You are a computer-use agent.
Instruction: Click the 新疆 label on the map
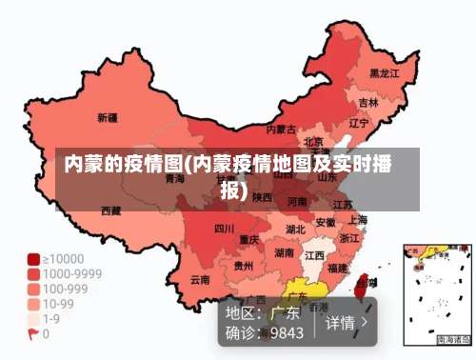tap(107, 118)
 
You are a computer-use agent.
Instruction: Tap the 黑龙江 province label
tap(384, 72)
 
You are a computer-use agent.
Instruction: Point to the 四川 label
tap(224, 229)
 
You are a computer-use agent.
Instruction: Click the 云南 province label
tap(200, 279)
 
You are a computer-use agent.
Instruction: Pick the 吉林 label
tap(368, 102)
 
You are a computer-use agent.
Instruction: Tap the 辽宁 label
tap(359, 123)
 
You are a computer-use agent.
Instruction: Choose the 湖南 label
tap(284, 252)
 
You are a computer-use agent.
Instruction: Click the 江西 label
tap(313, 256)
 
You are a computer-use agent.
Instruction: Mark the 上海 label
tap(358, 220)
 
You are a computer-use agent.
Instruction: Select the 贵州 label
tap(244, 266)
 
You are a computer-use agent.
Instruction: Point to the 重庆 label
tap(249, 239)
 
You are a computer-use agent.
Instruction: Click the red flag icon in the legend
tap(32, 334)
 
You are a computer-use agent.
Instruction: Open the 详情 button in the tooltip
tap(347, 322)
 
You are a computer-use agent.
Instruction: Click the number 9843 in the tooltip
tap(287, 333)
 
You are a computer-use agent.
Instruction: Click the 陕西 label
tap(263, 196)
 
